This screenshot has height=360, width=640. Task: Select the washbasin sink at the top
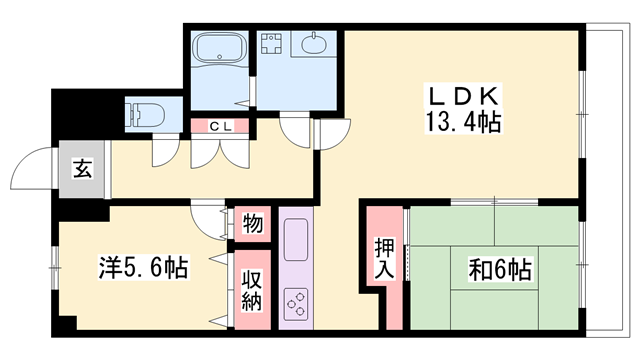coord(312,45)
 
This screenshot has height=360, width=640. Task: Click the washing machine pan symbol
coord(270,44)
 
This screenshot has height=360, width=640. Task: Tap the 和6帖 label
coord(500,270)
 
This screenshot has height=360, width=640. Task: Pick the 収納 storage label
coord(251,287)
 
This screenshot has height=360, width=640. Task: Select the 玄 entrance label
coord(82,169)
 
